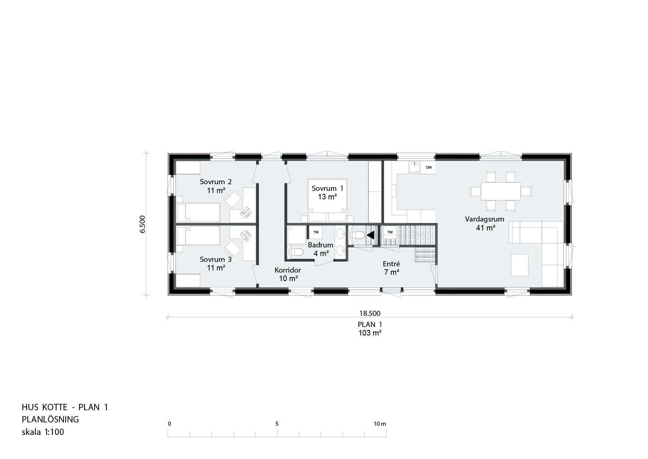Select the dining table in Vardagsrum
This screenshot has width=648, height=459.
click(501, 191)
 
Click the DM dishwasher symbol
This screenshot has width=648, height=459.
click(429, 168)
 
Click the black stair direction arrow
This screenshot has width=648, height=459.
click(371, 235)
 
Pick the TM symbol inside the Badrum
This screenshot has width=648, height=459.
click(316, 232)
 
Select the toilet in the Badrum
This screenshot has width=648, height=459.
click(297, 252)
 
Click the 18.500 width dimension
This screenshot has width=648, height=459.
click(370, 313)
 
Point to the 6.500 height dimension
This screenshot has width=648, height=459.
click(143, 224)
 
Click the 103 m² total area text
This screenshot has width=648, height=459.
click(370, 333)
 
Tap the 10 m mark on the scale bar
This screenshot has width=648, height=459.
click(379, 424)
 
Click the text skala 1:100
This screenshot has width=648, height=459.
click(43, 432)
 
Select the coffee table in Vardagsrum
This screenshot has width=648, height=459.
click(520, 265)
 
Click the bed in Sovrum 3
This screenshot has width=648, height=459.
click(198, 236)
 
